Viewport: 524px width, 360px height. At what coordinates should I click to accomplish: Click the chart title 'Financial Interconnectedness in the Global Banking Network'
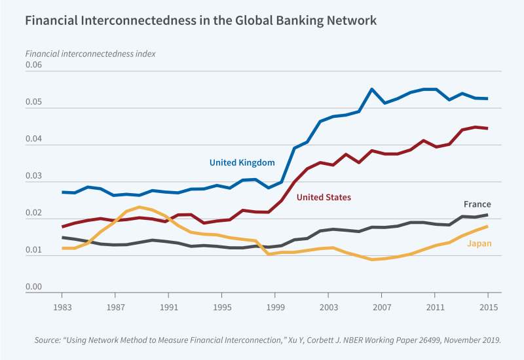click(200, 20)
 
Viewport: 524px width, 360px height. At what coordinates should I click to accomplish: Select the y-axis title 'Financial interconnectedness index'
click(90, 53)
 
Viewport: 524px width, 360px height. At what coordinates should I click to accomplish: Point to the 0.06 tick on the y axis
click(33, 65)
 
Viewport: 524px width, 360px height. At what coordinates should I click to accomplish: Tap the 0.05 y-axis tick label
click(33, 103)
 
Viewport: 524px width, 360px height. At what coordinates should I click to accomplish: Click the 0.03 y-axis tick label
click(33, 177)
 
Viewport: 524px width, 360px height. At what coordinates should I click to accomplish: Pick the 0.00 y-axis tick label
click(33, 287)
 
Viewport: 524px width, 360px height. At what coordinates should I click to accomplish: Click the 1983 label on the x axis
click(62, 306)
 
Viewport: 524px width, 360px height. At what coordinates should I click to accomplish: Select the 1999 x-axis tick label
click(275, 306)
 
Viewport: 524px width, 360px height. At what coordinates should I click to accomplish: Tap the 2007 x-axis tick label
click(381, 306)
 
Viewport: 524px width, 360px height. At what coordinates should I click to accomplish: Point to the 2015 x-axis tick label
click(487, 306)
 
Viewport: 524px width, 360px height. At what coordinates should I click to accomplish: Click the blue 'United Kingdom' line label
click(242, 162)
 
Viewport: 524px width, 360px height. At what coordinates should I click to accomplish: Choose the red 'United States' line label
click(324, 197)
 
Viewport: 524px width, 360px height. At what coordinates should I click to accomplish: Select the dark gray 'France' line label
click(477, 204)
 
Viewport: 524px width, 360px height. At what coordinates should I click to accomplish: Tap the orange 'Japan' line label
click(479, 243)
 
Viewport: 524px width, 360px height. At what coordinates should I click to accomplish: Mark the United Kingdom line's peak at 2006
click(371, 89)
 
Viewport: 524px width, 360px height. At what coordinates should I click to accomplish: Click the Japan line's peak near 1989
click(140, 207)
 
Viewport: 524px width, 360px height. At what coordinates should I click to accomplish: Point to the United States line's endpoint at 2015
click(487, 128)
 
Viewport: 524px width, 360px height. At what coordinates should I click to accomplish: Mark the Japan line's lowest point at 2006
click(371, 260)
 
